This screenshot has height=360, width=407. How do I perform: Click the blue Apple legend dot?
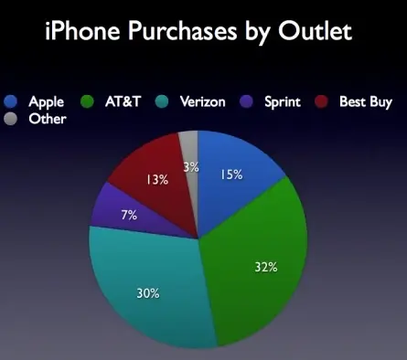[x=11, y=102]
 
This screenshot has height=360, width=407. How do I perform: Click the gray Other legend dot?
[x=11, y=119]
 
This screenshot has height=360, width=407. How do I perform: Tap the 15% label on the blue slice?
[x=230, y=174]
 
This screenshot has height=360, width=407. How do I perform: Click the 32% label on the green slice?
[x=266, y=268]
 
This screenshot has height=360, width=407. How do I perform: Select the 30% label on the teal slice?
[x=149, y=293]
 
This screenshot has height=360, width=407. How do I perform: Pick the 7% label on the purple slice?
[x=129, y=216]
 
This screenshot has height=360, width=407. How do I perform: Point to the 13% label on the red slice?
[x=157, y=180]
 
